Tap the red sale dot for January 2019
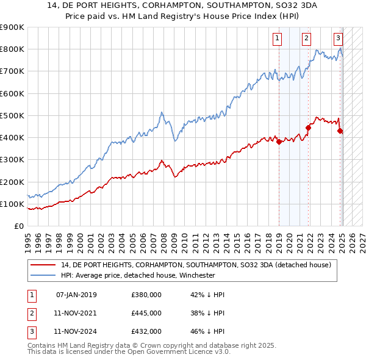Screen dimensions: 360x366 point(279,142)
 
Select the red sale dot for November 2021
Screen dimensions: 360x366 point(309,128)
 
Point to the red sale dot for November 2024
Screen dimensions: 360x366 point(340,131)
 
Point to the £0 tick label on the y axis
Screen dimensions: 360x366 point(19,226)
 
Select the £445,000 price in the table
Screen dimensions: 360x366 point(146,313)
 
